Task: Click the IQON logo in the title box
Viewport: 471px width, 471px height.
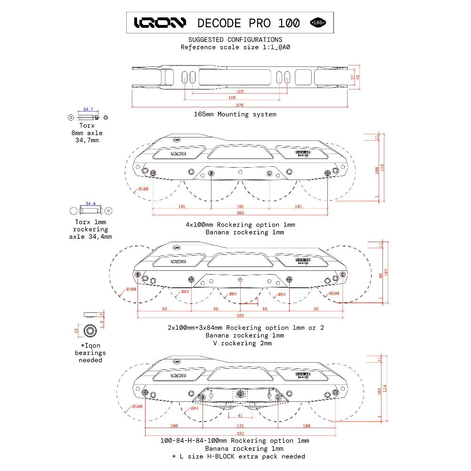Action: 160,23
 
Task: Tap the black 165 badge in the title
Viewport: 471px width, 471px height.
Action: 318,23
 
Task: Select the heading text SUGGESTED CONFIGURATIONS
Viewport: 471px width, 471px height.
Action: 235,40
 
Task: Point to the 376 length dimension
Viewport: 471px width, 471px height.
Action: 239,105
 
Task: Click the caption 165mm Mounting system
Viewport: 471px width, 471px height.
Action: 235,114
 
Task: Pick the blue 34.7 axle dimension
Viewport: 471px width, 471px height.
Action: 88,109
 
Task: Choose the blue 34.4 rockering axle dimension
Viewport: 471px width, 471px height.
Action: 90,204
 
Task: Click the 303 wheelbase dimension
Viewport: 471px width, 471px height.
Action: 240,213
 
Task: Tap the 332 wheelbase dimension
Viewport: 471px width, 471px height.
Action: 240,433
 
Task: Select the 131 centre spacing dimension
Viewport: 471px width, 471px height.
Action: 240,425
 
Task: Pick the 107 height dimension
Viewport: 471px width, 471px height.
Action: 386,272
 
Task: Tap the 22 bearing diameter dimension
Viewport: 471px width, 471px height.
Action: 77,331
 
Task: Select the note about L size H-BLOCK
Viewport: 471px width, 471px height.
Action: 238,456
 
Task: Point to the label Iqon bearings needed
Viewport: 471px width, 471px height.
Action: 90,352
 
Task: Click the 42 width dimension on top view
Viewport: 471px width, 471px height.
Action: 358,76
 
